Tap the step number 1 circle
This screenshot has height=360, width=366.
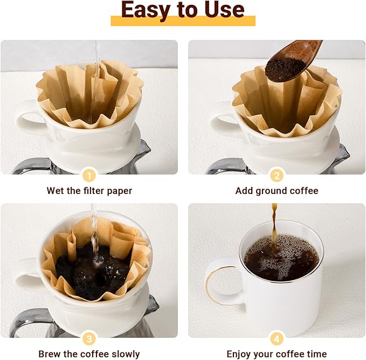(89, 175)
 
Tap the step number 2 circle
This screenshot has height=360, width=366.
(277, 175)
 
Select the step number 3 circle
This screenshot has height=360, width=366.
(89, 338)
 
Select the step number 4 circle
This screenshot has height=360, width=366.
(277, 338)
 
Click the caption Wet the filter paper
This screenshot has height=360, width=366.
(89, 191)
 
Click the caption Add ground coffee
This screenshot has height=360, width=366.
(277, 191)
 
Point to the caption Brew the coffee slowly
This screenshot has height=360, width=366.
(89, 354)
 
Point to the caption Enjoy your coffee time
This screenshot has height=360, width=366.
(277, 354)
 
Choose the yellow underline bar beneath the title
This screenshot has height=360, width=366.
(183, 22)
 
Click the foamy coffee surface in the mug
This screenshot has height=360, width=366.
(280, 259)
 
